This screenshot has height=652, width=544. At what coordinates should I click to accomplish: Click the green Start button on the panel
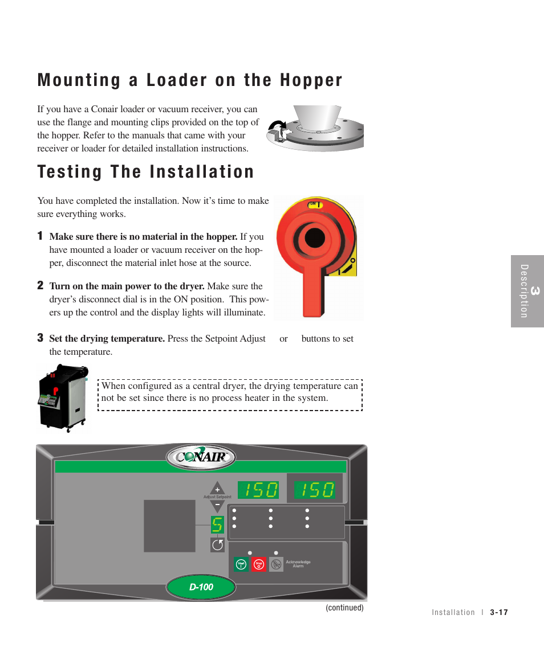point(241,564)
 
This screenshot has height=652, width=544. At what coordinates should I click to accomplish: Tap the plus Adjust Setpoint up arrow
point(217,489)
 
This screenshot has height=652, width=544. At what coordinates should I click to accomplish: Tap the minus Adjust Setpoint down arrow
point(217,505)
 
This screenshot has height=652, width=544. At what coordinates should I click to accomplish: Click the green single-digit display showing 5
point(217,524)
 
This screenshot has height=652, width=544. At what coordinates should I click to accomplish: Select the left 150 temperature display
point(258,490)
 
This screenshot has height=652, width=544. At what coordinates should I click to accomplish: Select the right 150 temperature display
point(314,490)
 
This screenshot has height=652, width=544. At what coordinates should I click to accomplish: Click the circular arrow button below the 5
point(217,545)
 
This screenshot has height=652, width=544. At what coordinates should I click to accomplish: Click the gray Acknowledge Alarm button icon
point(276,564)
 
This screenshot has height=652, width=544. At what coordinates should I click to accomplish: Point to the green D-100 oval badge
point(201,587)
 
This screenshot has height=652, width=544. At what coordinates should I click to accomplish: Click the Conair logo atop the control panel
point(201,457)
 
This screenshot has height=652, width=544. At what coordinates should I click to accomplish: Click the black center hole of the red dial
point(314,238)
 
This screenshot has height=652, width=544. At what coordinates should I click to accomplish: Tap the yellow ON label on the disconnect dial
point(315,204)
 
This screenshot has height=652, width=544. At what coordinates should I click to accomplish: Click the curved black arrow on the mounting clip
point(278,126)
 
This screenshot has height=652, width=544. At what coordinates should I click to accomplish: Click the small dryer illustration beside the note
point(62,397)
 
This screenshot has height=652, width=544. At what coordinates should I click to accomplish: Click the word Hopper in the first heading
point(311,81)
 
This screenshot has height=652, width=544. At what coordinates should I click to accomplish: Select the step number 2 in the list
point(40,285)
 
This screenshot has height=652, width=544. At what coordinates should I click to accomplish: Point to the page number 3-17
point(498,613)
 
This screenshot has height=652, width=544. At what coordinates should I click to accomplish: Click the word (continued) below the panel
point(344,608)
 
